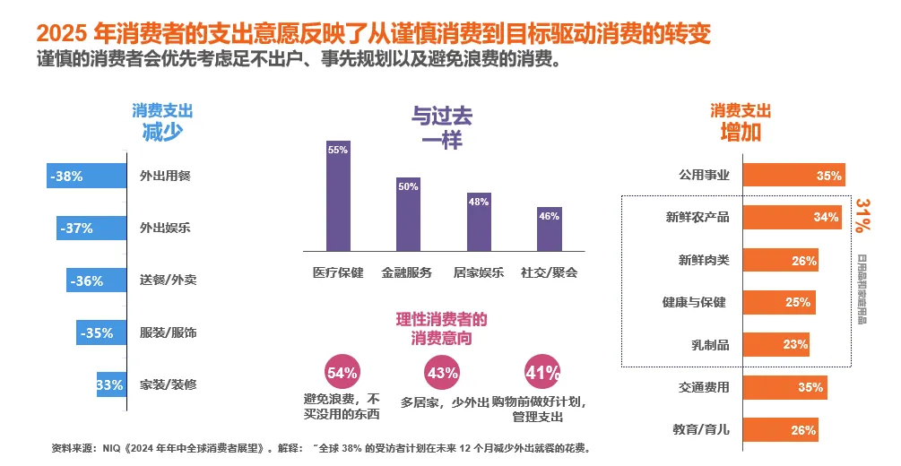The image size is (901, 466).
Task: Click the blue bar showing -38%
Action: point(86,177)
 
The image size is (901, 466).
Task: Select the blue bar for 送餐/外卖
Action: point(96,280)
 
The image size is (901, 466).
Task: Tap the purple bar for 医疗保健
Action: point(338,195)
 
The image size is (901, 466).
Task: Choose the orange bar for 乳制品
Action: point(776,344)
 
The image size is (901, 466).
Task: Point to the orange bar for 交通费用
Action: point(785,387)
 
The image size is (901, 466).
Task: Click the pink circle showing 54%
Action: point(342,373)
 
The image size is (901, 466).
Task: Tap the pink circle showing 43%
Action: point(442,373)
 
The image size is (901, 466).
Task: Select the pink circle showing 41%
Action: point(541,373)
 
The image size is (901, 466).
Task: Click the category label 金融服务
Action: point(407,272)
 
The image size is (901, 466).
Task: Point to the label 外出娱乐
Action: point(165,229)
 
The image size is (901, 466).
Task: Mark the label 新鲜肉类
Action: point(704,261)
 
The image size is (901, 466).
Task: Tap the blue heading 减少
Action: point(162,132)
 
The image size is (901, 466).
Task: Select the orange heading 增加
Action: point(741,132)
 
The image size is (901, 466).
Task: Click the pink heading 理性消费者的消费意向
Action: point(442,328)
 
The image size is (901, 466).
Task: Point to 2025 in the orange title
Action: point(61,34)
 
